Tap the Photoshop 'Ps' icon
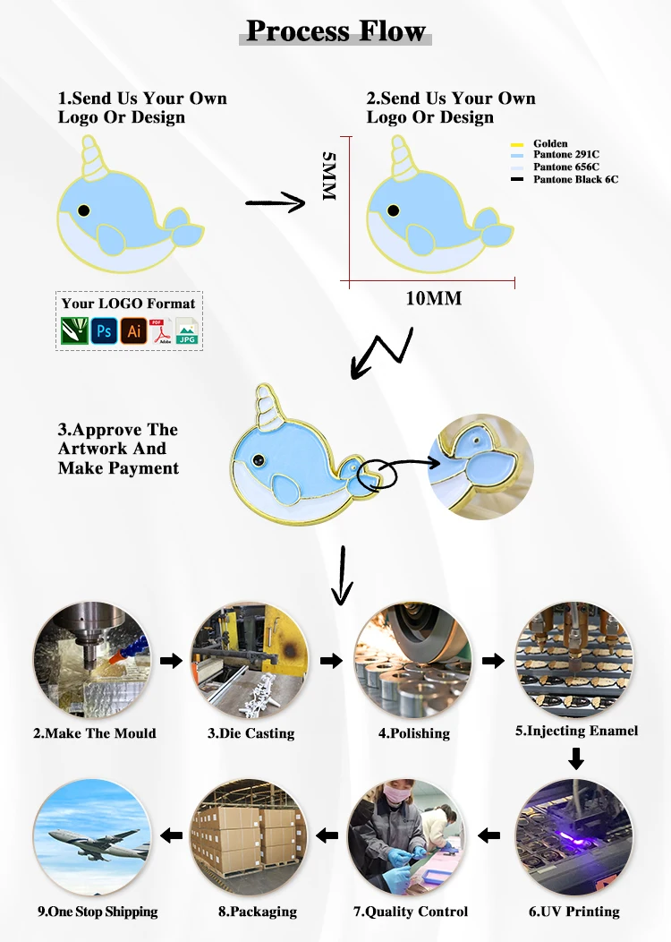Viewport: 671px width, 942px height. coord(104,331)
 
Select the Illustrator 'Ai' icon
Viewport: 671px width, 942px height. coord(133,331)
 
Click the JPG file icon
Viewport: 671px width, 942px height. coord(187,331)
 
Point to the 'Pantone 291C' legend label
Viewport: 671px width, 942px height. coord(566,155)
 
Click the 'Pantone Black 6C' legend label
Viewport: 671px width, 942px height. coord(575,179)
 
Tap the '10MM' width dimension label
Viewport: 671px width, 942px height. coord(434,298)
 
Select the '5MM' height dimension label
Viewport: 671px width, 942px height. coord(328,176)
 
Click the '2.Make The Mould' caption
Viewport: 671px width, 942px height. coord(95,733)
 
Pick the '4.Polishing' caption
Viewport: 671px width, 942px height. coord(414,733)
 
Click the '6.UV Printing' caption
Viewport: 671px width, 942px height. coord(573,912)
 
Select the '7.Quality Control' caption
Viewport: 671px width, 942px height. coord(411,912)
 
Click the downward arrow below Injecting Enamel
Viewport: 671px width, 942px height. coord(576,759)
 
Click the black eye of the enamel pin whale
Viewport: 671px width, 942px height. coord(259,460)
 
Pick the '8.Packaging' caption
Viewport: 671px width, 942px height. coord(257,912)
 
